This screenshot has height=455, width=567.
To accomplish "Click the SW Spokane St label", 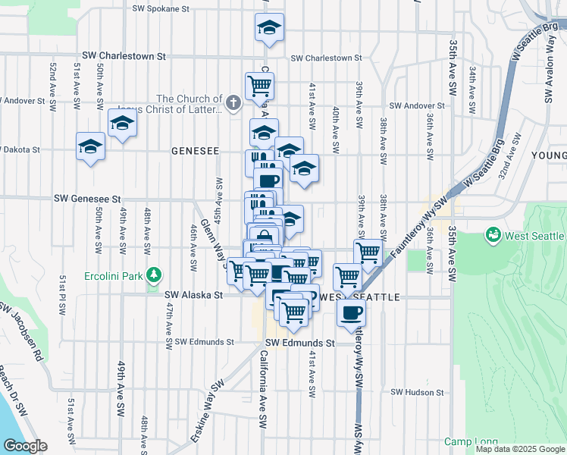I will tap(161, 9).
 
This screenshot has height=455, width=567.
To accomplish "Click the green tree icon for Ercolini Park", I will tap(155, 273).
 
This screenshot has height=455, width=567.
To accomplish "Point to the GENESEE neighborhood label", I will tap(195, 151).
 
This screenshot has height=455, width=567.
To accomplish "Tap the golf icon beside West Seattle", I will tap(493, 237).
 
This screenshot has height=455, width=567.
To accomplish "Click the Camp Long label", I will tap(471, 442).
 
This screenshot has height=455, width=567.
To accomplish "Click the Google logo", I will tap(25, 445).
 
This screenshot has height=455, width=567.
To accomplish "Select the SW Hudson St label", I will tap(417, 392).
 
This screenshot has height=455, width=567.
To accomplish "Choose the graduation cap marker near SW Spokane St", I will tap(270, 28).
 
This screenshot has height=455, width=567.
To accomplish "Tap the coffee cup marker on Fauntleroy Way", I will tap(350, 312).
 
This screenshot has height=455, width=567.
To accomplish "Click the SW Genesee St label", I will tap(87, 199).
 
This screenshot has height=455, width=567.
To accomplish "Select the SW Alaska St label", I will tap(194, 294).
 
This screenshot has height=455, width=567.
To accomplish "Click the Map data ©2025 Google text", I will tap(520, 449).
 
